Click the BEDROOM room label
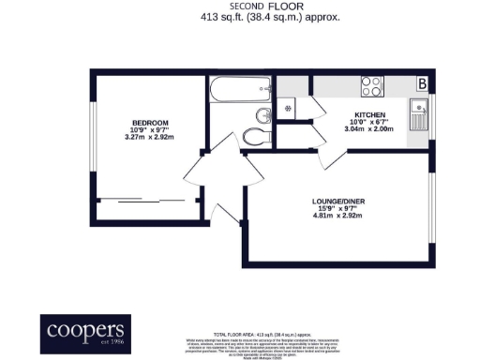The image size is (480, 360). tap(150, 124)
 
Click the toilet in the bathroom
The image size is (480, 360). tap(253, 138)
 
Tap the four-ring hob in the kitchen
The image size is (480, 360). tap(372, 86)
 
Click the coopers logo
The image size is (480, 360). tap(85, 331)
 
